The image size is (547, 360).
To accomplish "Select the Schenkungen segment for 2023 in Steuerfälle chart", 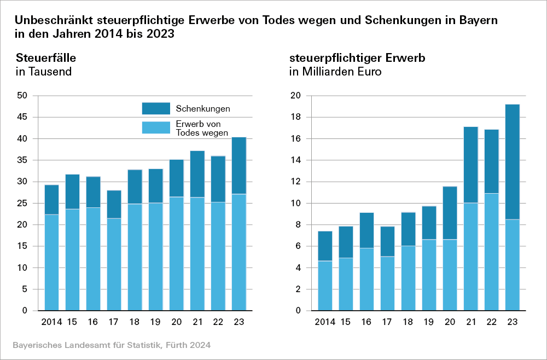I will pos(239,165).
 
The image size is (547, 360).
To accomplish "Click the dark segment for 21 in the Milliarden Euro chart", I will pos(471,165).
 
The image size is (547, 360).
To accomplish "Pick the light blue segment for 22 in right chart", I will pos(492,252).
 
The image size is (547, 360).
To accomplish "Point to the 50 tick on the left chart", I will pos(22,96).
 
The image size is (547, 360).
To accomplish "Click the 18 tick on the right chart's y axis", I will pos(295,117).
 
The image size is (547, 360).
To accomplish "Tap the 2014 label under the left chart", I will pos(51,322).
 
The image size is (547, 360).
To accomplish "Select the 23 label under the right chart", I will pos(513,322).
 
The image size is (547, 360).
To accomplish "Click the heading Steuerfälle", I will pos(46,57).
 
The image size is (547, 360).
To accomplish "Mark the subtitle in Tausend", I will pos(44,72).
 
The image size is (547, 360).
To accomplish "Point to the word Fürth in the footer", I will pos(178,345).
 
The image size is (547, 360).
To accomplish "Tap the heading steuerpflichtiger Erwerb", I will pos(357,57).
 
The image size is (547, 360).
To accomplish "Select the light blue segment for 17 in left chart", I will pos(114,264).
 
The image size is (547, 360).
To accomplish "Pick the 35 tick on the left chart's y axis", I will pos(22,160).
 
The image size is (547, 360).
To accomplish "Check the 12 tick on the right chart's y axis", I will pos(295,182).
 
